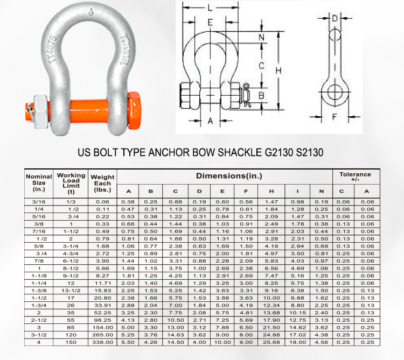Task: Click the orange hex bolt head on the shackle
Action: pyautogui.click(x=134, y=111)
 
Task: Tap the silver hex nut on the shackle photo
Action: pyautogui.click(x=41, y=112)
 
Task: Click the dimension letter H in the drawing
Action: pyautogui.click(x=278, y=70)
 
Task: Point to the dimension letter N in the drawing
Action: pyautogui.click(x=261, y=38)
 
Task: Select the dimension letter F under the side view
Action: pyautogui.click(x=334, y=117)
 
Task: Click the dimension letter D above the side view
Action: pyautogui.click(x=335, y=18)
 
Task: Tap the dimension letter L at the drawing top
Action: pyautogui.click(x=210, y=8)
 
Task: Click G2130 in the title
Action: pyautogui.click(x=279, y=152)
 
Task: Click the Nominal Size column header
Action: pyautogui.click(x=39, y=183)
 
